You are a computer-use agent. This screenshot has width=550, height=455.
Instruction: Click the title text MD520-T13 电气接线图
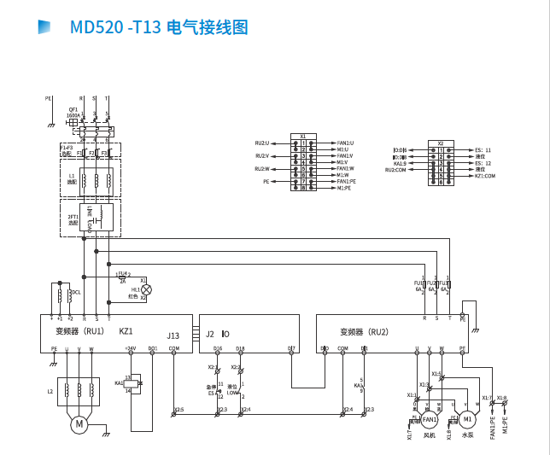(x=159, y=27)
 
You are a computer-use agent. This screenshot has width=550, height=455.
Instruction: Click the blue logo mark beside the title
(x=44, y=27)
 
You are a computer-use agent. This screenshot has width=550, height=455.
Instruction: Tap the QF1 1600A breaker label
(x=73, y=112)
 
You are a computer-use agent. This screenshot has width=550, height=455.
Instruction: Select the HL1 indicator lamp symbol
(x=146, y=289)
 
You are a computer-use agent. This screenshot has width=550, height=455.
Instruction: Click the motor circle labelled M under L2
(x=79, y=424)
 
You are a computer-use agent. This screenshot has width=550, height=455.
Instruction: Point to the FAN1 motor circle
(x=429, y=419)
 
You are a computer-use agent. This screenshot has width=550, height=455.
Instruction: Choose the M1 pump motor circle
(x=467, y=418)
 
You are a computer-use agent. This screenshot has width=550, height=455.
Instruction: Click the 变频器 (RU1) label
(x=79, y=331)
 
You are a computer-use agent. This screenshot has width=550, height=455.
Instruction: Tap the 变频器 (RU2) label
(x=364, y=331)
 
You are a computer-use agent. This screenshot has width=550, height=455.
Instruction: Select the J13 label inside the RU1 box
(x=173, y=335)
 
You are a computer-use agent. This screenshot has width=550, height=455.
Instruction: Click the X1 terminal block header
(x=302, y=136)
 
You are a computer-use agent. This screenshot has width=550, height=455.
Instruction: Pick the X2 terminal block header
(x=441, y=143)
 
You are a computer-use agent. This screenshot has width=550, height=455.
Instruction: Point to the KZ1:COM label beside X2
(x=484, y=176)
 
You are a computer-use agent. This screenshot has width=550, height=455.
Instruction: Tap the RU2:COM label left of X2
(x=396, y=170)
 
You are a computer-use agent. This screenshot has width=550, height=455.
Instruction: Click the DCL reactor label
(x=76, y=293)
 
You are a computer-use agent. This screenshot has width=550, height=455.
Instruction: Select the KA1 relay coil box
(x=135, y=384)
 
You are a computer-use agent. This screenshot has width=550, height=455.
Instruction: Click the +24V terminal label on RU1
(x=130, y=348)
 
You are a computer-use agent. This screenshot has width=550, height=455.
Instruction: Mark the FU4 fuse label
(x=124, y=274)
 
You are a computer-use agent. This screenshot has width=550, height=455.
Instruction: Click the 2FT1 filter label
(x=73, y=218)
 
